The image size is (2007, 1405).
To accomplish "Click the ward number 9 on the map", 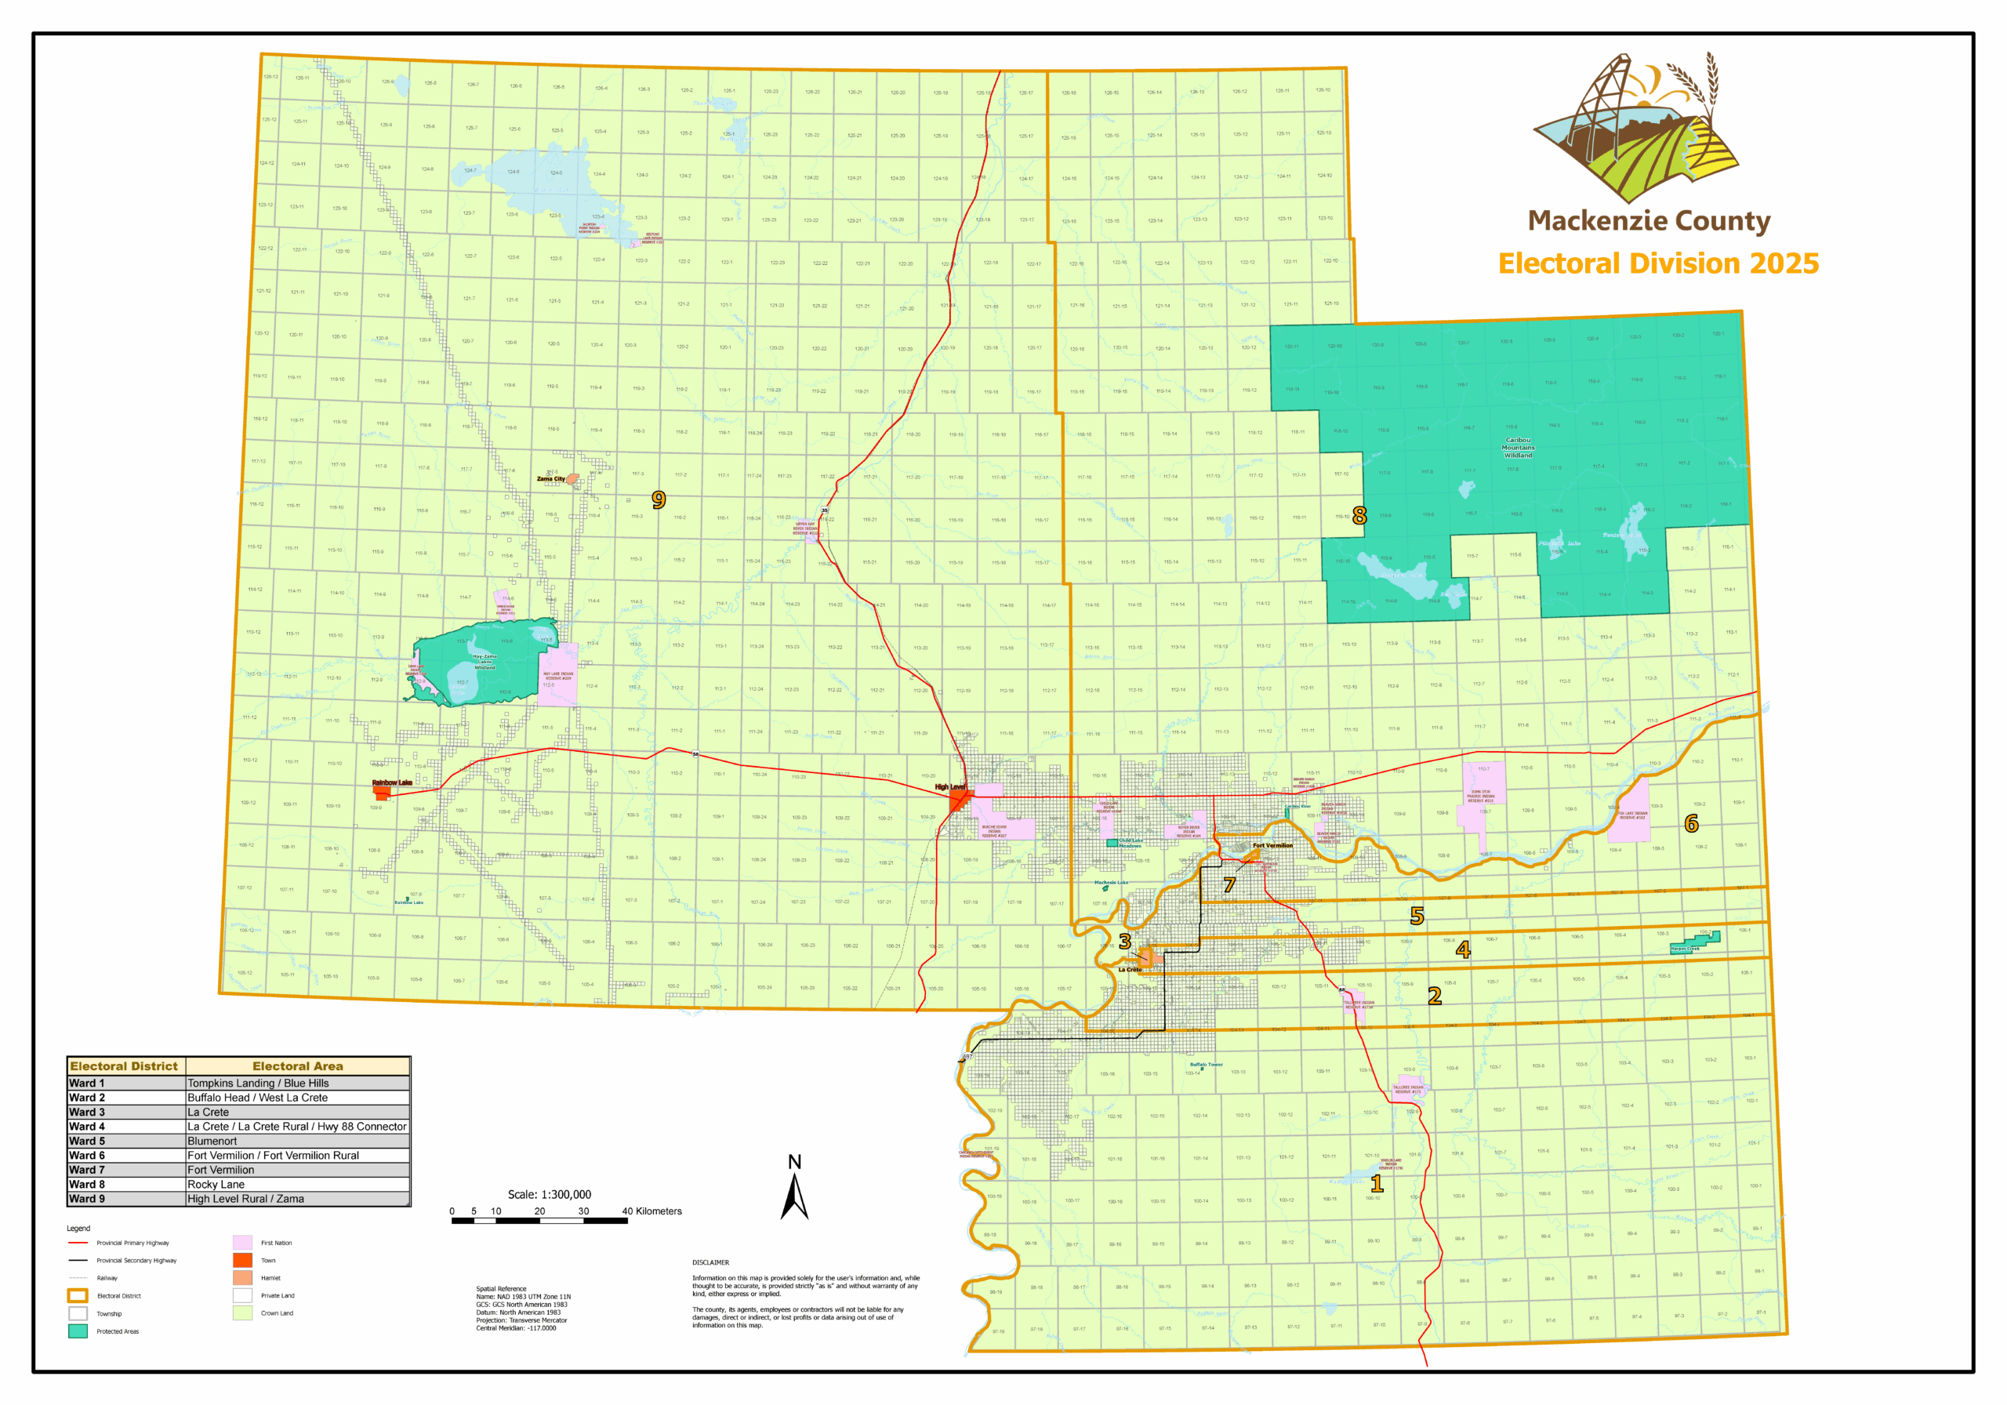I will click(659, 499).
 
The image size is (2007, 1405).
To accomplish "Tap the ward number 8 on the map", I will click(1359, 515).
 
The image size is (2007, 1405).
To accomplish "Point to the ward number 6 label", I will click(1690, 822).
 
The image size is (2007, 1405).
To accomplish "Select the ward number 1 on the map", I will click(1376, 1184).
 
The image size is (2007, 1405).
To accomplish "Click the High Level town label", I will click(949, 787).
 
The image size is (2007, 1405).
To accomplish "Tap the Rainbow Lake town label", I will click(392, 782).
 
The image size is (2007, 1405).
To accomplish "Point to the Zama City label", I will click(550, 479).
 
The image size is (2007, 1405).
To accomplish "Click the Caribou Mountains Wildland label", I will click(1518, 447).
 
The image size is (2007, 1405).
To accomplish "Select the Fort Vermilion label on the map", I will click(1272, 845).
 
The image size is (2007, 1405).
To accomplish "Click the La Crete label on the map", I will click(1130, 970).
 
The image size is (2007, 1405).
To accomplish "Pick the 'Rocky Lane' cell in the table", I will click(216, 1184).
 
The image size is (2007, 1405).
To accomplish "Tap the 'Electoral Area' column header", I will click(297, 1066).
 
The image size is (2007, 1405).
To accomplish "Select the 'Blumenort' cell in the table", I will click(212, 1141).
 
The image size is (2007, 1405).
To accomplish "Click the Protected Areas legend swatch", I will click(78, 1331).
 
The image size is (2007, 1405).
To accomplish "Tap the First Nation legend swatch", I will click(242, 1243).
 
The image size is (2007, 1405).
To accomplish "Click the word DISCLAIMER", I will click(710, 1262).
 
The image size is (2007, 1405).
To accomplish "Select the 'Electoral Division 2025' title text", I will click(1657, 263).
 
